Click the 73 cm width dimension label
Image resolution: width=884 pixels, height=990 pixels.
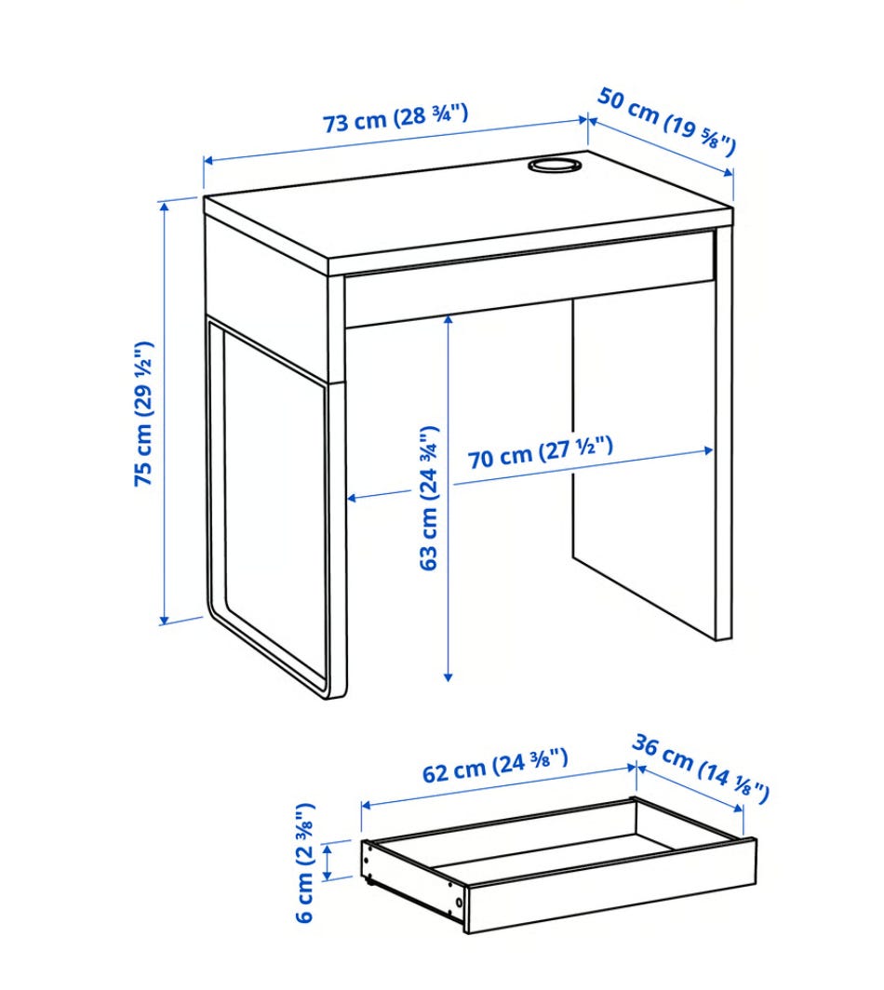395,118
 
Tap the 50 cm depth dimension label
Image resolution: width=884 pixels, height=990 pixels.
667,122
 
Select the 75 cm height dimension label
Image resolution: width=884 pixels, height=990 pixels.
143,413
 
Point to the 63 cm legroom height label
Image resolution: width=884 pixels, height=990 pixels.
429,498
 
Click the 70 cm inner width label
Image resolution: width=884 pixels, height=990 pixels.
541,451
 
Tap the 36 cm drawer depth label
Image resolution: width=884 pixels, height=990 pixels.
701,769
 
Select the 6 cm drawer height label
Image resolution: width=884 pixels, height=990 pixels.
304,863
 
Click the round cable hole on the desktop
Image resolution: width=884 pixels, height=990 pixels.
553,165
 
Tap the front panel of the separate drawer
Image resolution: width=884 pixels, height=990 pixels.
610,886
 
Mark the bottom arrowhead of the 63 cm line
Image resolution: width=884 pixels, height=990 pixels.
449,676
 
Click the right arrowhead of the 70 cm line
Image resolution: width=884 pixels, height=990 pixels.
708,450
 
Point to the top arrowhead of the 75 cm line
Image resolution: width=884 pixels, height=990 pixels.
166,206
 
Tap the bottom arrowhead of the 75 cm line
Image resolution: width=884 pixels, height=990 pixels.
166,620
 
